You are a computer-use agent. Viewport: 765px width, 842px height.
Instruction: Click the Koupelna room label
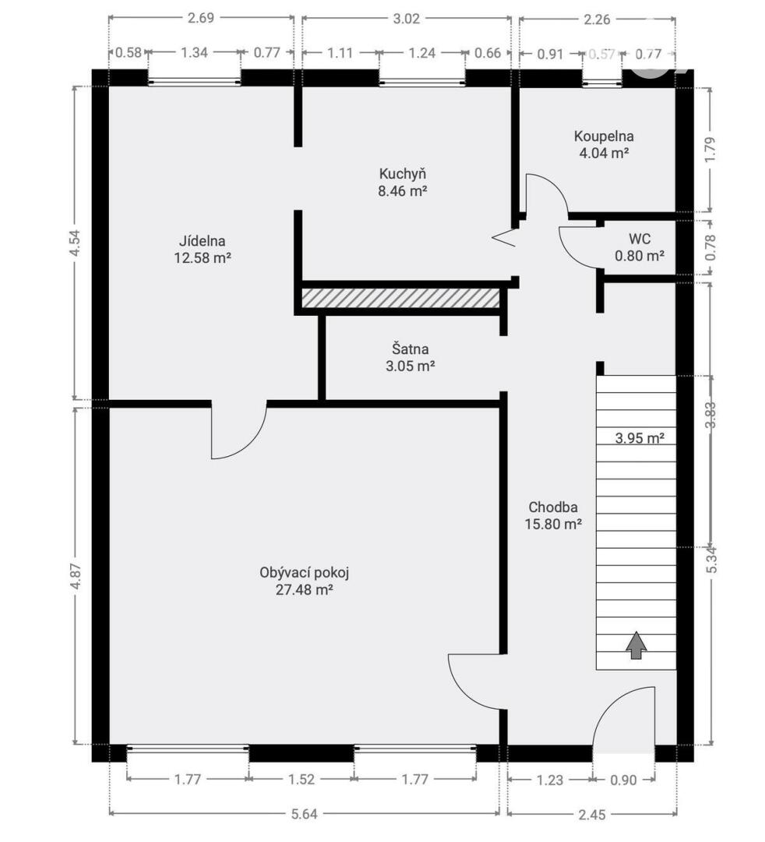604,136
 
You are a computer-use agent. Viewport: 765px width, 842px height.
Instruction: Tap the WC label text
639,239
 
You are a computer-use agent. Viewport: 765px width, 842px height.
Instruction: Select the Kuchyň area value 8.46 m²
402,191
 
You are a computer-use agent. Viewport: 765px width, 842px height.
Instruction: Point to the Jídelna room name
202,241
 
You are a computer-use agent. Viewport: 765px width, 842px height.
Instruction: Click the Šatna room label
410,349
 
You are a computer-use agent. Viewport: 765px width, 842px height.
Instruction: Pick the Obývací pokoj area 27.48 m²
304,589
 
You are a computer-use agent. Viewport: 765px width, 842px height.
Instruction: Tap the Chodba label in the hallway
553,507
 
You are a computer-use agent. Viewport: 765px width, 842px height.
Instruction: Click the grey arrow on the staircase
636,645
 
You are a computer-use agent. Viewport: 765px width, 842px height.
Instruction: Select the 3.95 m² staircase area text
640,438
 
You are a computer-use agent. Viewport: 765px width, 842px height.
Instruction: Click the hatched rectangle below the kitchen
400,299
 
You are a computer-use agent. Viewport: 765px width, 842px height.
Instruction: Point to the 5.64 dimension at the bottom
304,814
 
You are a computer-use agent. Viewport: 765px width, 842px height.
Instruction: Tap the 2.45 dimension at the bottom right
592,815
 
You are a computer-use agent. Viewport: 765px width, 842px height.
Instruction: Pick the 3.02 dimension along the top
406,19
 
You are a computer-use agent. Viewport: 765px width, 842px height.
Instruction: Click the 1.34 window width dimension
194,52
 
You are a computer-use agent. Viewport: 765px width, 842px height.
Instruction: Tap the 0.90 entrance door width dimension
623,780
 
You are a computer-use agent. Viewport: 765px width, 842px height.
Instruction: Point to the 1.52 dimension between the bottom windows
301,779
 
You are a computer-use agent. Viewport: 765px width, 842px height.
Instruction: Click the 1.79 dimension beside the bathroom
710,150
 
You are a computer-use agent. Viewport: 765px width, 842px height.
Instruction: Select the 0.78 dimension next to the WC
710,248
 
